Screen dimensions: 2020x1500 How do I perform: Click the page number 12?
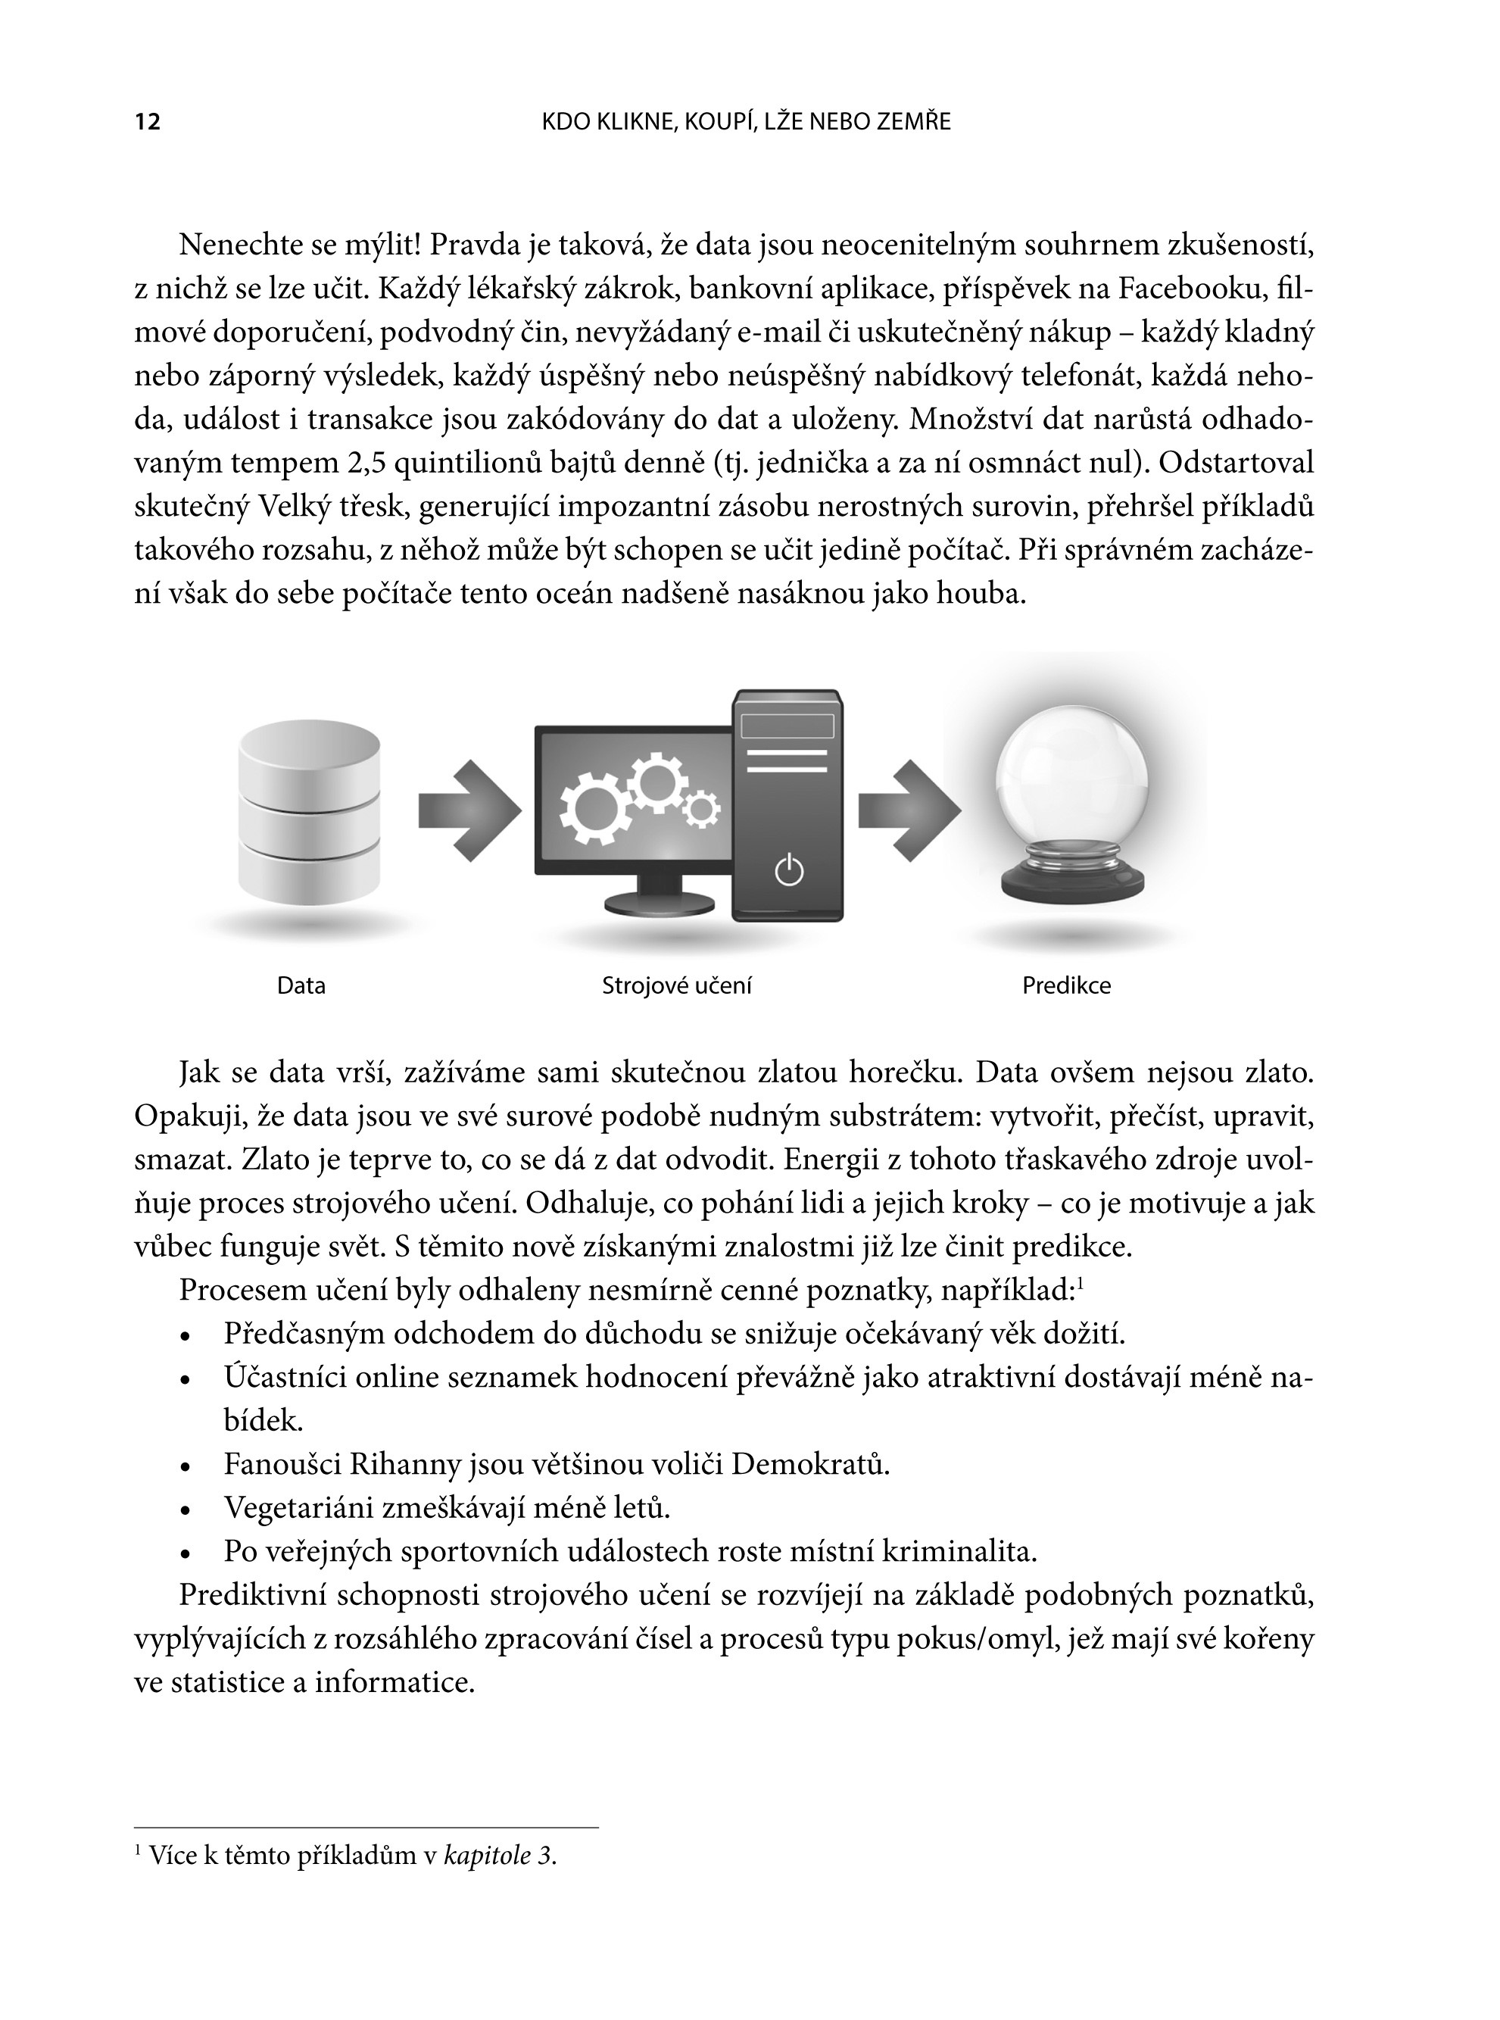coord(147,122)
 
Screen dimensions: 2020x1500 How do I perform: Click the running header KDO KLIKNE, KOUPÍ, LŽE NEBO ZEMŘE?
coord(746,122)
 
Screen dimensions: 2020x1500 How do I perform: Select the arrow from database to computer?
coord(469,810)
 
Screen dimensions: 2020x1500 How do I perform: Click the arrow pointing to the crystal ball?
coord(908,810)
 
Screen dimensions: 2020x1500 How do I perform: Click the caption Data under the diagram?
coord(301,985)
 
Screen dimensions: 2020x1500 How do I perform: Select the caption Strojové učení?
coord(676,985)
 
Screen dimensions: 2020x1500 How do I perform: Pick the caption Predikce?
coord(1066,985)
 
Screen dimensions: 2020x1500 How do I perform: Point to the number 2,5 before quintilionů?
coord(366,464)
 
